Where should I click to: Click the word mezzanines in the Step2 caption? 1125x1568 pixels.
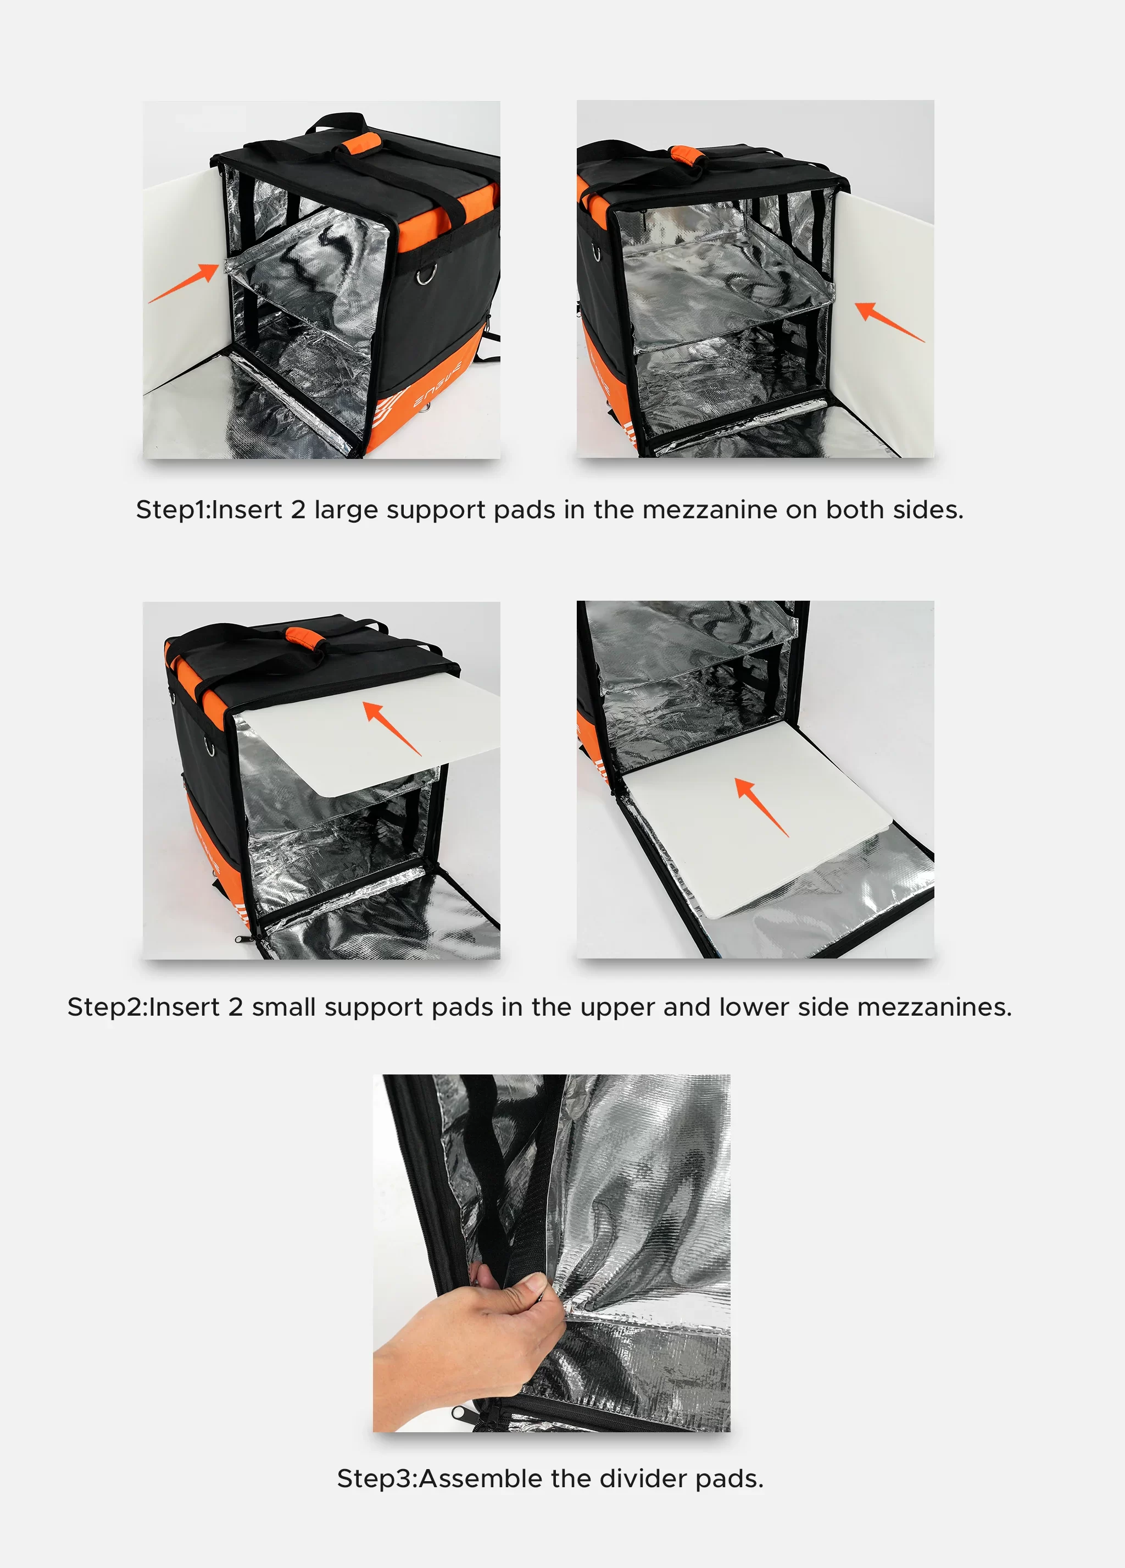click(x=934, y=1007)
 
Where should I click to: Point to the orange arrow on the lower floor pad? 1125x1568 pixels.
click(x=761, y=806)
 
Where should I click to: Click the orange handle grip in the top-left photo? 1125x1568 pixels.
click(x=359, y=145)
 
